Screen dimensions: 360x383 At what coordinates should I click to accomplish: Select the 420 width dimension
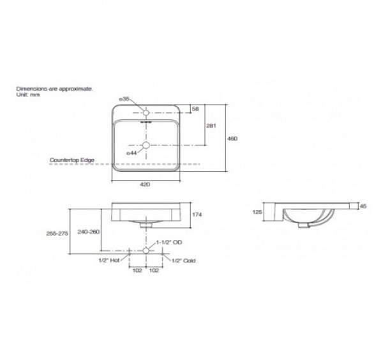[145, 184]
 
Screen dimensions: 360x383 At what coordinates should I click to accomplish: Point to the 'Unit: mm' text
[28, 94]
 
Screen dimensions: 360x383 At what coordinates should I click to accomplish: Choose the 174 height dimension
[196, 214]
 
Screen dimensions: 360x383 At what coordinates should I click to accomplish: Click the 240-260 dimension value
[88, 233]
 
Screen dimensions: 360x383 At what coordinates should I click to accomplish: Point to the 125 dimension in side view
[258, 211]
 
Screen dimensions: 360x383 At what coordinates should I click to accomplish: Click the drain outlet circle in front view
[146, 251]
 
